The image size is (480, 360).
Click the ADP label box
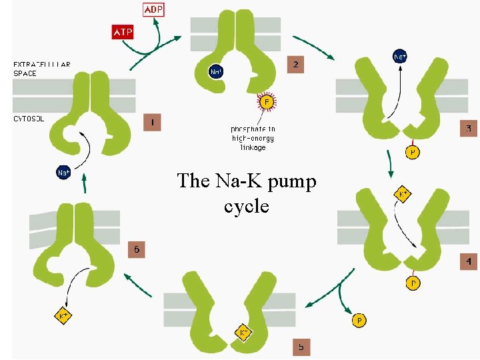153,9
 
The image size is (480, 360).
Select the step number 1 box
152,123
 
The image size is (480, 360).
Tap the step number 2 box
296,64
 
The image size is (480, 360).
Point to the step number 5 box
301,347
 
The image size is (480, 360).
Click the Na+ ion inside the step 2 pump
217,71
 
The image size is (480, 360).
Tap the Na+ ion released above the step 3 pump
400,57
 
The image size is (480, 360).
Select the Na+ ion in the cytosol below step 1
64,173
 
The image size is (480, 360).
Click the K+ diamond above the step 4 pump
403,195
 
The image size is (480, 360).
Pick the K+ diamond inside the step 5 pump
244,332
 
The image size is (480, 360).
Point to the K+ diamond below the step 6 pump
64,315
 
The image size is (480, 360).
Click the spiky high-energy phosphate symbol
267,103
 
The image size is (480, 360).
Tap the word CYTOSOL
29,119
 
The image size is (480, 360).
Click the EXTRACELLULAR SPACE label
42,68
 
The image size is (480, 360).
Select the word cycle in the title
247,206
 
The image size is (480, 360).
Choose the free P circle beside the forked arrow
359,321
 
